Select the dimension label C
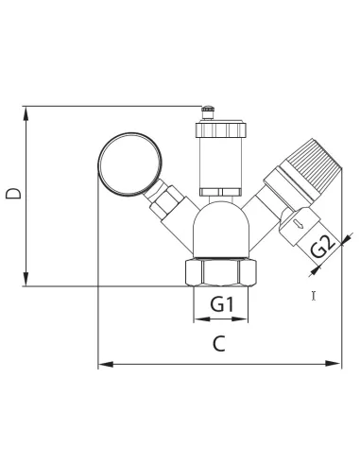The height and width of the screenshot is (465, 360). (x=219, y=343)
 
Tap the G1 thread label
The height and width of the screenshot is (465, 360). (x=222, y=304)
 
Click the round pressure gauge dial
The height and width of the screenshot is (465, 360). (x=130, y=164)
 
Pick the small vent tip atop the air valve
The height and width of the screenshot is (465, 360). (x=208, y=112)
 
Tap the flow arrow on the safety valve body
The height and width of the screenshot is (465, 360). (x=299, y=224)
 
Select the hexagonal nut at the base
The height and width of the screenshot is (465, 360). (x=221, y=272)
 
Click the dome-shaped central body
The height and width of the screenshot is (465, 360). (x=221, y=230)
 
